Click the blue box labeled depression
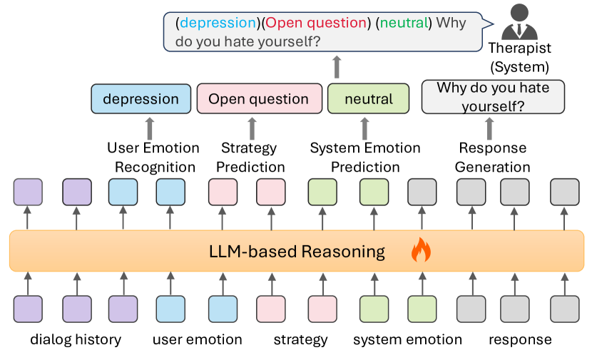[x=141, y=99]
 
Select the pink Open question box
[x=260, y=99]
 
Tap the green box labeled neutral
[x=368, y=99]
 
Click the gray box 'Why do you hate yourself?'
[x=493, y=97]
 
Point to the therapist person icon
[x=519, y=22]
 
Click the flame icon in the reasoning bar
[x=421, y=250]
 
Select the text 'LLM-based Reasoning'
[x=297, y=252]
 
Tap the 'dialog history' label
[x=76, y=339]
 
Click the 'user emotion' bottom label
[x=197, y=339]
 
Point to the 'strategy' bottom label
[x=300, y=340]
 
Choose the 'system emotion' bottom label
[x=407, y=339]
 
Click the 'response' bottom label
[x=520, y=340]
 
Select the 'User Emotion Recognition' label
[x=153, y=158]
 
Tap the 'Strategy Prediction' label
[x=250, y=158]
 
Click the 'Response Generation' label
[x=492, y=158]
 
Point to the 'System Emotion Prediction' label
[x=365, y=158]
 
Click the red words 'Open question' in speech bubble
[x=316, y=23]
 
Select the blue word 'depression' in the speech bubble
[x=218, y=23]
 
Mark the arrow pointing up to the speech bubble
[x=337, y=67]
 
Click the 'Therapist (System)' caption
[x=519, y=57]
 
